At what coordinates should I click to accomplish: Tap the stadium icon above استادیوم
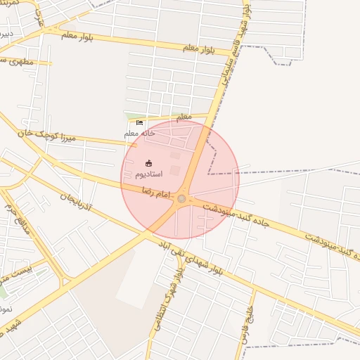pyautogui.click(x=148, y=163)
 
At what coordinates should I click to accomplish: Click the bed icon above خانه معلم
pyautogui.click(x=139, y=123)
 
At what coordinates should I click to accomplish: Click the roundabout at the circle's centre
pyautogui.click(x=181, y=199)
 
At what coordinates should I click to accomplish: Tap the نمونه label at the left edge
pyautogui.click(x=5, y=308)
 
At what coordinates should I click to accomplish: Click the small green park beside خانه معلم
pyautogui.click(x=134, y=117)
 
